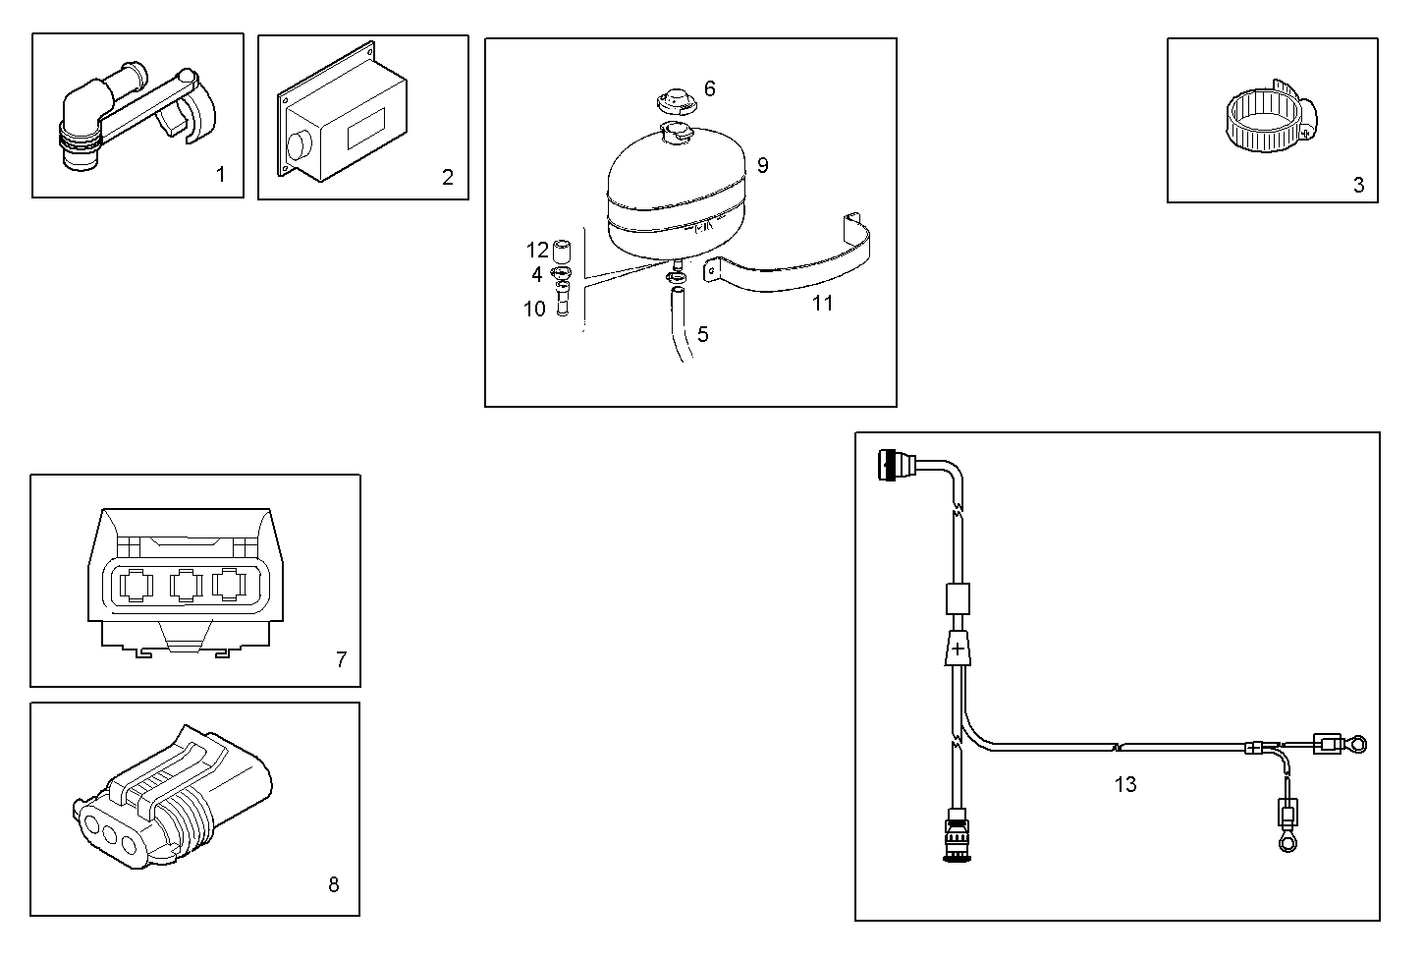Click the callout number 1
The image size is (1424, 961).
coord(220,175)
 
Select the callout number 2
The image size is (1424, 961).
coord(448,177)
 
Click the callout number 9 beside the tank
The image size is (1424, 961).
coord(762,165)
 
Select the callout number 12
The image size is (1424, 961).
coord(537,250)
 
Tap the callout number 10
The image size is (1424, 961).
coord(534,309)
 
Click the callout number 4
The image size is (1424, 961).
coord(537,275)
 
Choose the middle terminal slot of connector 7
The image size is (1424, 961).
coord(185,587)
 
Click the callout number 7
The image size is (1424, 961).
coord(341,659)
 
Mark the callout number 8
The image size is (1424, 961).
coord(333,884)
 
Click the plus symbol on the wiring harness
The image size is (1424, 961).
coord(958,650)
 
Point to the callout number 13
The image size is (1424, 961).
coord(1125,784)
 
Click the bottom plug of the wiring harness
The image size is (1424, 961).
coord(956,835)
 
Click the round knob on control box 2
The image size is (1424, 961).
coord(299,146)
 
